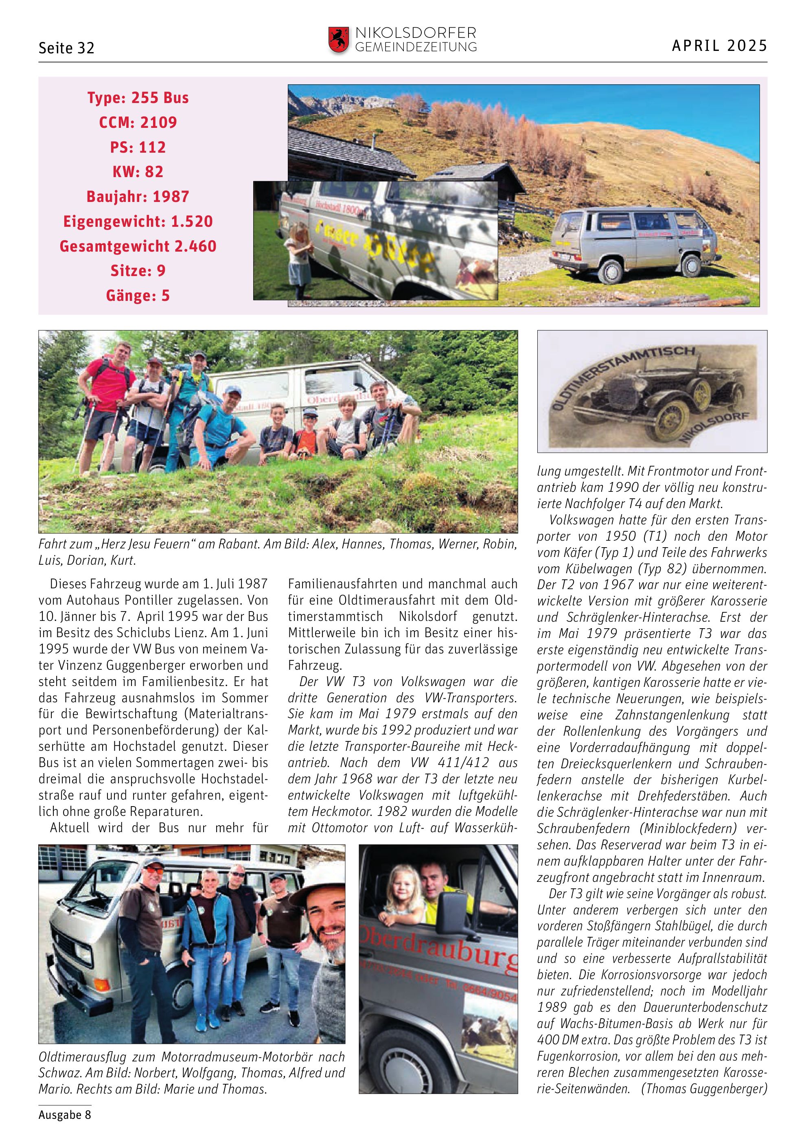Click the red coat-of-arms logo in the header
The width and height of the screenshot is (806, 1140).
pos(339,40)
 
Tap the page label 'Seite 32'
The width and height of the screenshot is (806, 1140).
pos(66,48)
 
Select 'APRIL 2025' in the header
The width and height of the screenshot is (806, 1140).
pos(719,46)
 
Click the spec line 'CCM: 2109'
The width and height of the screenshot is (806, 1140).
pos(138,122)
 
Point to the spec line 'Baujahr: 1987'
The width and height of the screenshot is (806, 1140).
pos(138,197)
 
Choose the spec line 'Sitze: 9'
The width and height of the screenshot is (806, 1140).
pos(138,271)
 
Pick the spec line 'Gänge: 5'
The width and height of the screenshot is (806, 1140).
pos(138,296)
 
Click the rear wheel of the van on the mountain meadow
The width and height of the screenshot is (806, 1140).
pos(611,271)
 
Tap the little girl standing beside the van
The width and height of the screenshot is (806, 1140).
pos(298,258)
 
